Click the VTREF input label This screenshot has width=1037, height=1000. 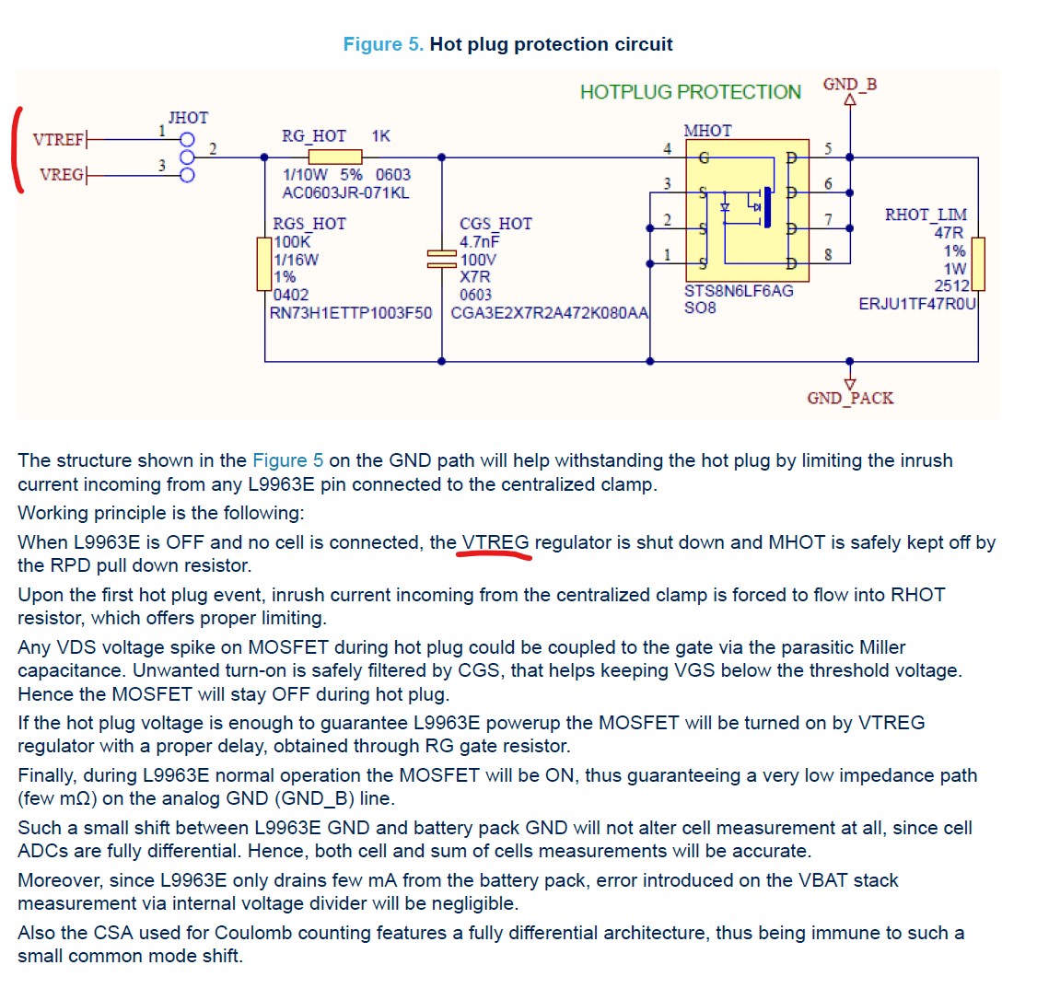[x=59, y=140]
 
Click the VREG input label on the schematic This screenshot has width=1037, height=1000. [x=62, y=174]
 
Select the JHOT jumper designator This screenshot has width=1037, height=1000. [x=188, y=118]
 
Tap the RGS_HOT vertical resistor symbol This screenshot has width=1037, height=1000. [x=264, y=264]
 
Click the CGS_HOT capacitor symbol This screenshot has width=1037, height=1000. [x=441, y=259]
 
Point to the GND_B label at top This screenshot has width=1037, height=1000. [x=849, y=85]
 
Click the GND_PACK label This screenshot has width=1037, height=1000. [x=849, y=399]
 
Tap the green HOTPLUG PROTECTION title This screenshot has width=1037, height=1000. [x=690, y=92]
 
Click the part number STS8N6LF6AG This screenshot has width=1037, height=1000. [x=738, y=291]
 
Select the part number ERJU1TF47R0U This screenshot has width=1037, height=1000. [x=916, y=304]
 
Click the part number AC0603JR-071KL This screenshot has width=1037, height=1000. [x=344, y=192]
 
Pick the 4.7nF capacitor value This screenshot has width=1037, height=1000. [x=479, y=242]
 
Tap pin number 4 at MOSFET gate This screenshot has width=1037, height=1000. [x=667, y=147]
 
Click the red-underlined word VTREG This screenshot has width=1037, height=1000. [x=495, y=542]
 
